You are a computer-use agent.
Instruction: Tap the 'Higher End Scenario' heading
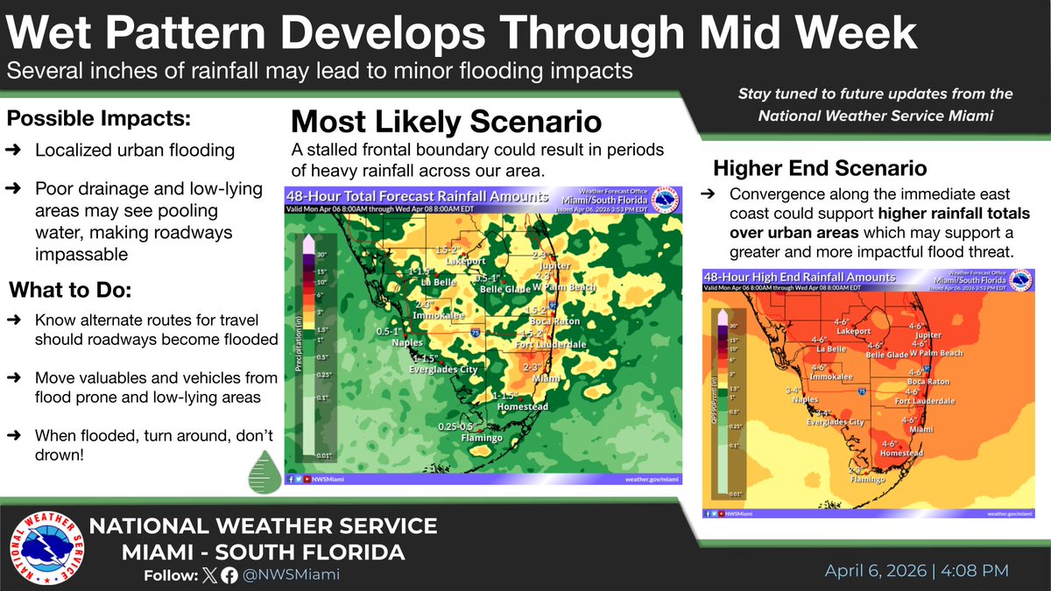pos(820,167)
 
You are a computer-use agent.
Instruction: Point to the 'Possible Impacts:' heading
pos(100,117)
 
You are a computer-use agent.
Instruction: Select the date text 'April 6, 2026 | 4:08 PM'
pos(916,571)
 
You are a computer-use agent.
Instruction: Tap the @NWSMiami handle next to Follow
pos(292,575)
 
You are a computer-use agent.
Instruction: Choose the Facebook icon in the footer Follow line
pos(229,575)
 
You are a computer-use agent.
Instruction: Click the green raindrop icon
pos(263,470)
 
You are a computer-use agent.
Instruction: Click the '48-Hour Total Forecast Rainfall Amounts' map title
pos(418,197)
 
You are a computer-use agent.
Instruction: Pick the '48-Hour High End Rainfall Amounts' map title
pos(801,277)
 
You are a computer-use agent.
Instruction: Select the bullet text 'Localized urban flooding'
pos(135,151)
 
